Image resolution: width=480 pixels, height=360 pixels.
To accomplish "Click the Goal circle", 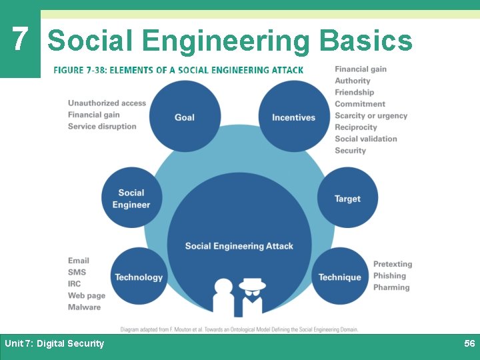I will click(185, 117).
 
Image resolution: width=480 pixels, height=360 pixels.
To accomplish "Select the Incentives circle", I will click(294, 117).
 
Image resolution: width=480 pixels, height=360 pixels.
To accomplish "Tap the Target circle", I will click(347, 199).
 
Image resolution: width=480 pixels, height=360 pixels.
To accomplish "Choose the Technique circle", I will click(339, 277).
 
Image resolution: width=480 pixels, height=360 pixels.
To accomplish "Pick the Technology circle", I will click(139, 277).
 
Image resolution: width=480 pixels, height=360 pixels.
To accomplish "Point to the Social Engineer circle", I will click(131, 199).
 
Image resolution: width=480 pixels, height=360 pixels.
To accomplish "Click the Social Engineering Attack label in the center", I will click(239, 246).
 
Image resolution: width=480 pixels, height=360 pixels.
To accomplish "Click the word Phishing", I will click(389, 276).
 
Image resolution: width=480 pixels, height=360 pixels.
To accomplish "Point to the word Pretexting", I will click(393, 264).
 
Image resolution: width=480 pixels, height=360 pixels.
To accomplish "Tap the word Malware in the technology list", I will click(84, 307).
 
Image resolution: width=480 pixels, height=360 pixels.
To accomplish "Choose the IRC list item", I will click(74, 284).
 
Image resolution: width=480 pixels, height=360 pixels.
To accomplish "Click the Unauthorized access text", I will click(107, 103).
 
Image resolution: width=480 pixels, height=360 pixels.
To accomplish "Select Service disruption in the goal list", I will click(102, 127).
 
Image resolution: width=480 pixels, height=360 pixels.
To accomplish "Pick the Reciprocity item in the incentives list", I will click(356, 127).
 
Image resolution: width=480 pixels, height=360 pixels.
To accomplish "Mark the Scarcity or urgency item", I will click(371, 115).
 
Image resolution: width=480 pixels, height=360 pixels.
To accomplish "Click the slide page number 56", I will click(469, 343).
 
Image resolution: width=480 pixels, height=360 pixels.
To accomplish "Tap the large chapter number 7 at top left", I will click(20, 40).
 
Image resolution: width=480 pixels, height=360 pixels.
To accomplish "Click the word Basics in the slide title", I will click(366, 41).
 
